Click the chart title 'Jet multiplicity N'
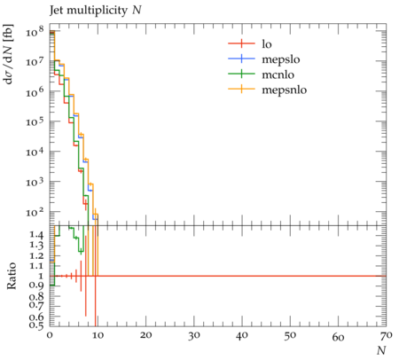(96, 11)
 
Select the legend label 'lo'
(267, 44)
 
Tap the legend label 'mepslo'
(281, 59)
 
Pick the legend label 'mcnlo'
(278, 74)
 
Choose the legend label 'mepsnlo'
(285, 90)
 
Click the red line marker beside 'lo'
(241, 43)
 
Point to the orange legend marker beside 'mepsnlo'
(241, 89)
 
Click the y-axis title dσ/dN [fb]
(9, 54)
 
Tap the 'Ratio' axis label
(12, 276)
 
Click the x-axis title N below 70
(381, 350)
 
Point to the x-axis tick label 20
(145, 336)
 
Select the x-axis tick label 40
(242, 336)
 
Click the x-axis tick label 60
(338, 337)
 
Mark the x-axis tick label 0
(50, 336)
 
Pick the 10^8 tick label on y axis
(35, 31)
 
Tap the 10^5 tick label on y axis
(35, 121)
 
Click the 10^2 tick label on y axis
(35, 212)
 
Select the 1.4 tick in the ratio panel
(36, 235)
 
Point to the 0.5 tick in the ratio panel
(36, 325)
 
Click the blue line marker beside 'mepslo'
(241, 59)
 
